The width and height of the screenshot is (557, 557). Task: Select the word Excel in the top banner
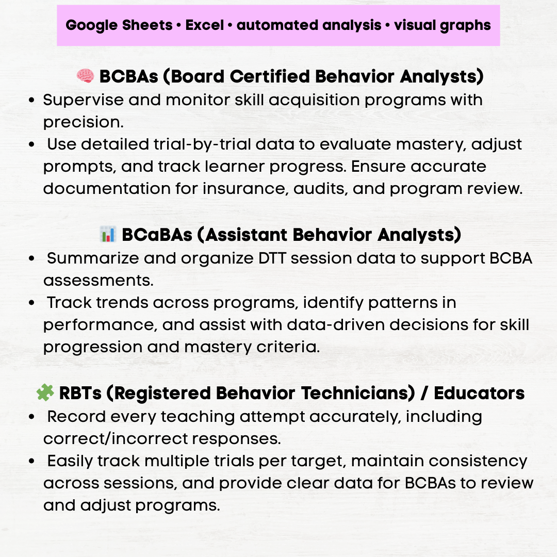205,25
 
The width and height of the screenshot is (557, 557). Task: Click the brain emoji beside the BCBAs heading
85,77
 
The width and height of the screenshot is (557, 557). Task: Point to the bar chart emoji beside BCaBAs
108,235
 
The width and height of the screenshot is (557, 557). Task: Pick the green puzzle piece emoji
45,394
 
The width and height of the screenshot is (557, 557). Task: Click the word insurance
243,188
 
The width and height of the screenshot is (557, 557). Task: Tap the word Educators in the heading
479,394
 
